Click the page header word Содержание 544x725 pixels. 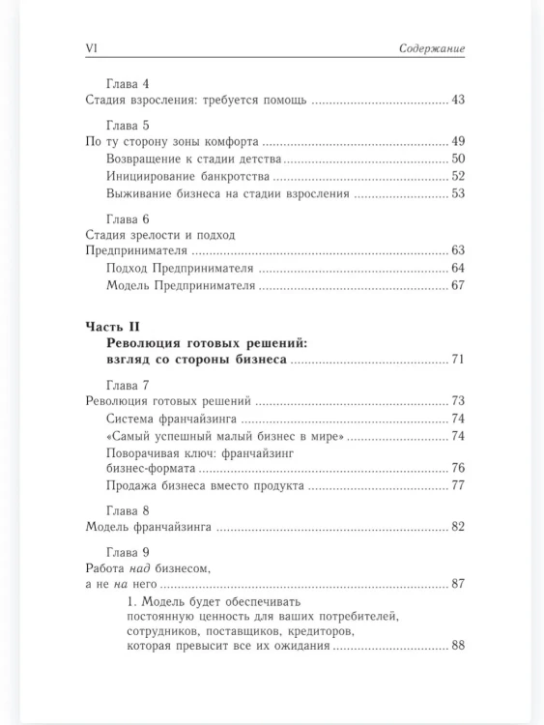[432, 48]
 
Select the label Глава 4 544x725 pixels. [126, 83]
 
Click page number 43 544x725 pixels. [458, 101]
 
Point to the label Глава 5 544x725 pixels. [126, 125]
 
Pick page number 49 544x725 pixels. [458, 141]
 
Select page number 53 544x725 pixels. [458, 193]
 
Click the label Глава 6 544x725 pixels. [126, 218]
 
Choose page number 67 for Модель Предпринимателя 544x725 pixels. [458, 286]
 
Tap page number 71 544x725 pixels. [458, 360]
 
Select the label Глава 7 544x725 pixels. [126, 385]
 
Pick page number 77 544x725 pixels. [458, 485]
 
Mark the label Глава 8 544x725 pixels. [126, 510]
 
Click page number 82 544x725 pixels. [458, 527]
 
